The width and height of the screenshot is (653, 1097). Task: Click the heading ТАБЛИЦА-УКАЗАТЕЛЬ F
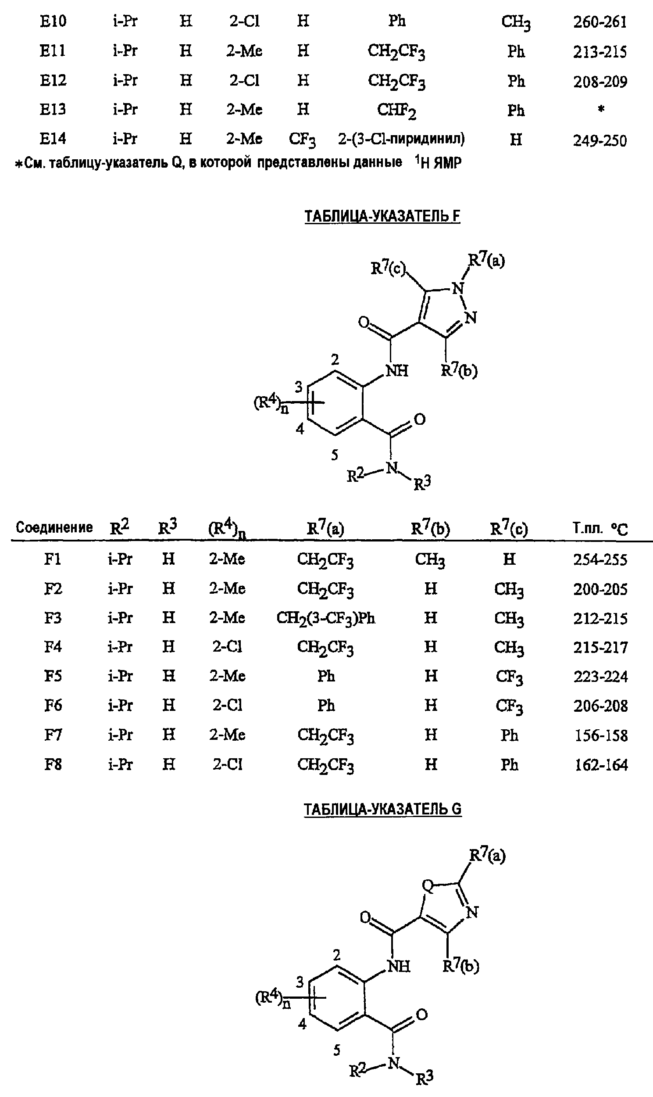pyautogui.click(x=382, y=217)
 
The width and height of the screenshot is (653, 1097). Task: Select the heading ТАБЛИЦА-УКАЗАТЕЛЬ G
pyautogui.click(x=383, y=809)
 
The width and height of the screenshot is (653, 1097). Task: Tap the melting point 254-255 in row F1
pyautogui.click(x=600, y=559)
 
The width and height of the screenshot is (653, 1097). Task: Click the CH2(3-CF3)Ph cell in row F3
pyautogui.click(x=325, y=619)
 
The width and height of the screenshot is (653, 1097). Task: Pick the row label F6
pyautogui.click(x=53, y=705)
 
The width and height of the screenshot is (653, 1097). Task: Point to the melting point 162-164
pyautogui.click(x=601, y=765)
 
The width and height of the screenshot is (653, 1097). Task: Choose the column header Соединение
pyautogui.click(x=54, y=527)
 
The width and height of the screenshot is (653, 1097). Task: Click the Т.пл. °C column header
pyautogui.click(x=600, y=528)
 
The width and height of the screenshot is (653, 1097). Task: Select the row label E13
pyautogui.click(x=53, y=109)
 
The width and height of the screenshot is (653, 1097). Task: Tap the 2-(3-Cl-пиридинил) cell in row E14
pyautogui.click(x=401, y=139)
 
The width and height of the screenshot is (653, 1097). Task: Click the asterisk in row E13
pyautogui.click(x=601, y=108)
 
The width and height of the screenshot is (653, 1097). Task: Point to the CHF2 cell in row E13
pyautogui.click(x=396, y=111)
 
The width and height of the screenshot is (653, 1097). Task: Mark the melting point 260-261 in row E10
pyautogui.click(x=600, y=22)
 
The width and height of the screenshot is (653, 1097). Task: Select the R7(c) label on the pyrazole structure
pyautogui.click(x=388, y=268)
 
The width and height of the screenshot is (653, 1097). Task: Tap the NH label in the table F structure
pyautogui.click(x=397, y=371)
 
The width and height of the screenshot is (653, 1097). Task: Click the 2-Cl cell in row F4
pyautogui.click(x=228, y=647)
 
